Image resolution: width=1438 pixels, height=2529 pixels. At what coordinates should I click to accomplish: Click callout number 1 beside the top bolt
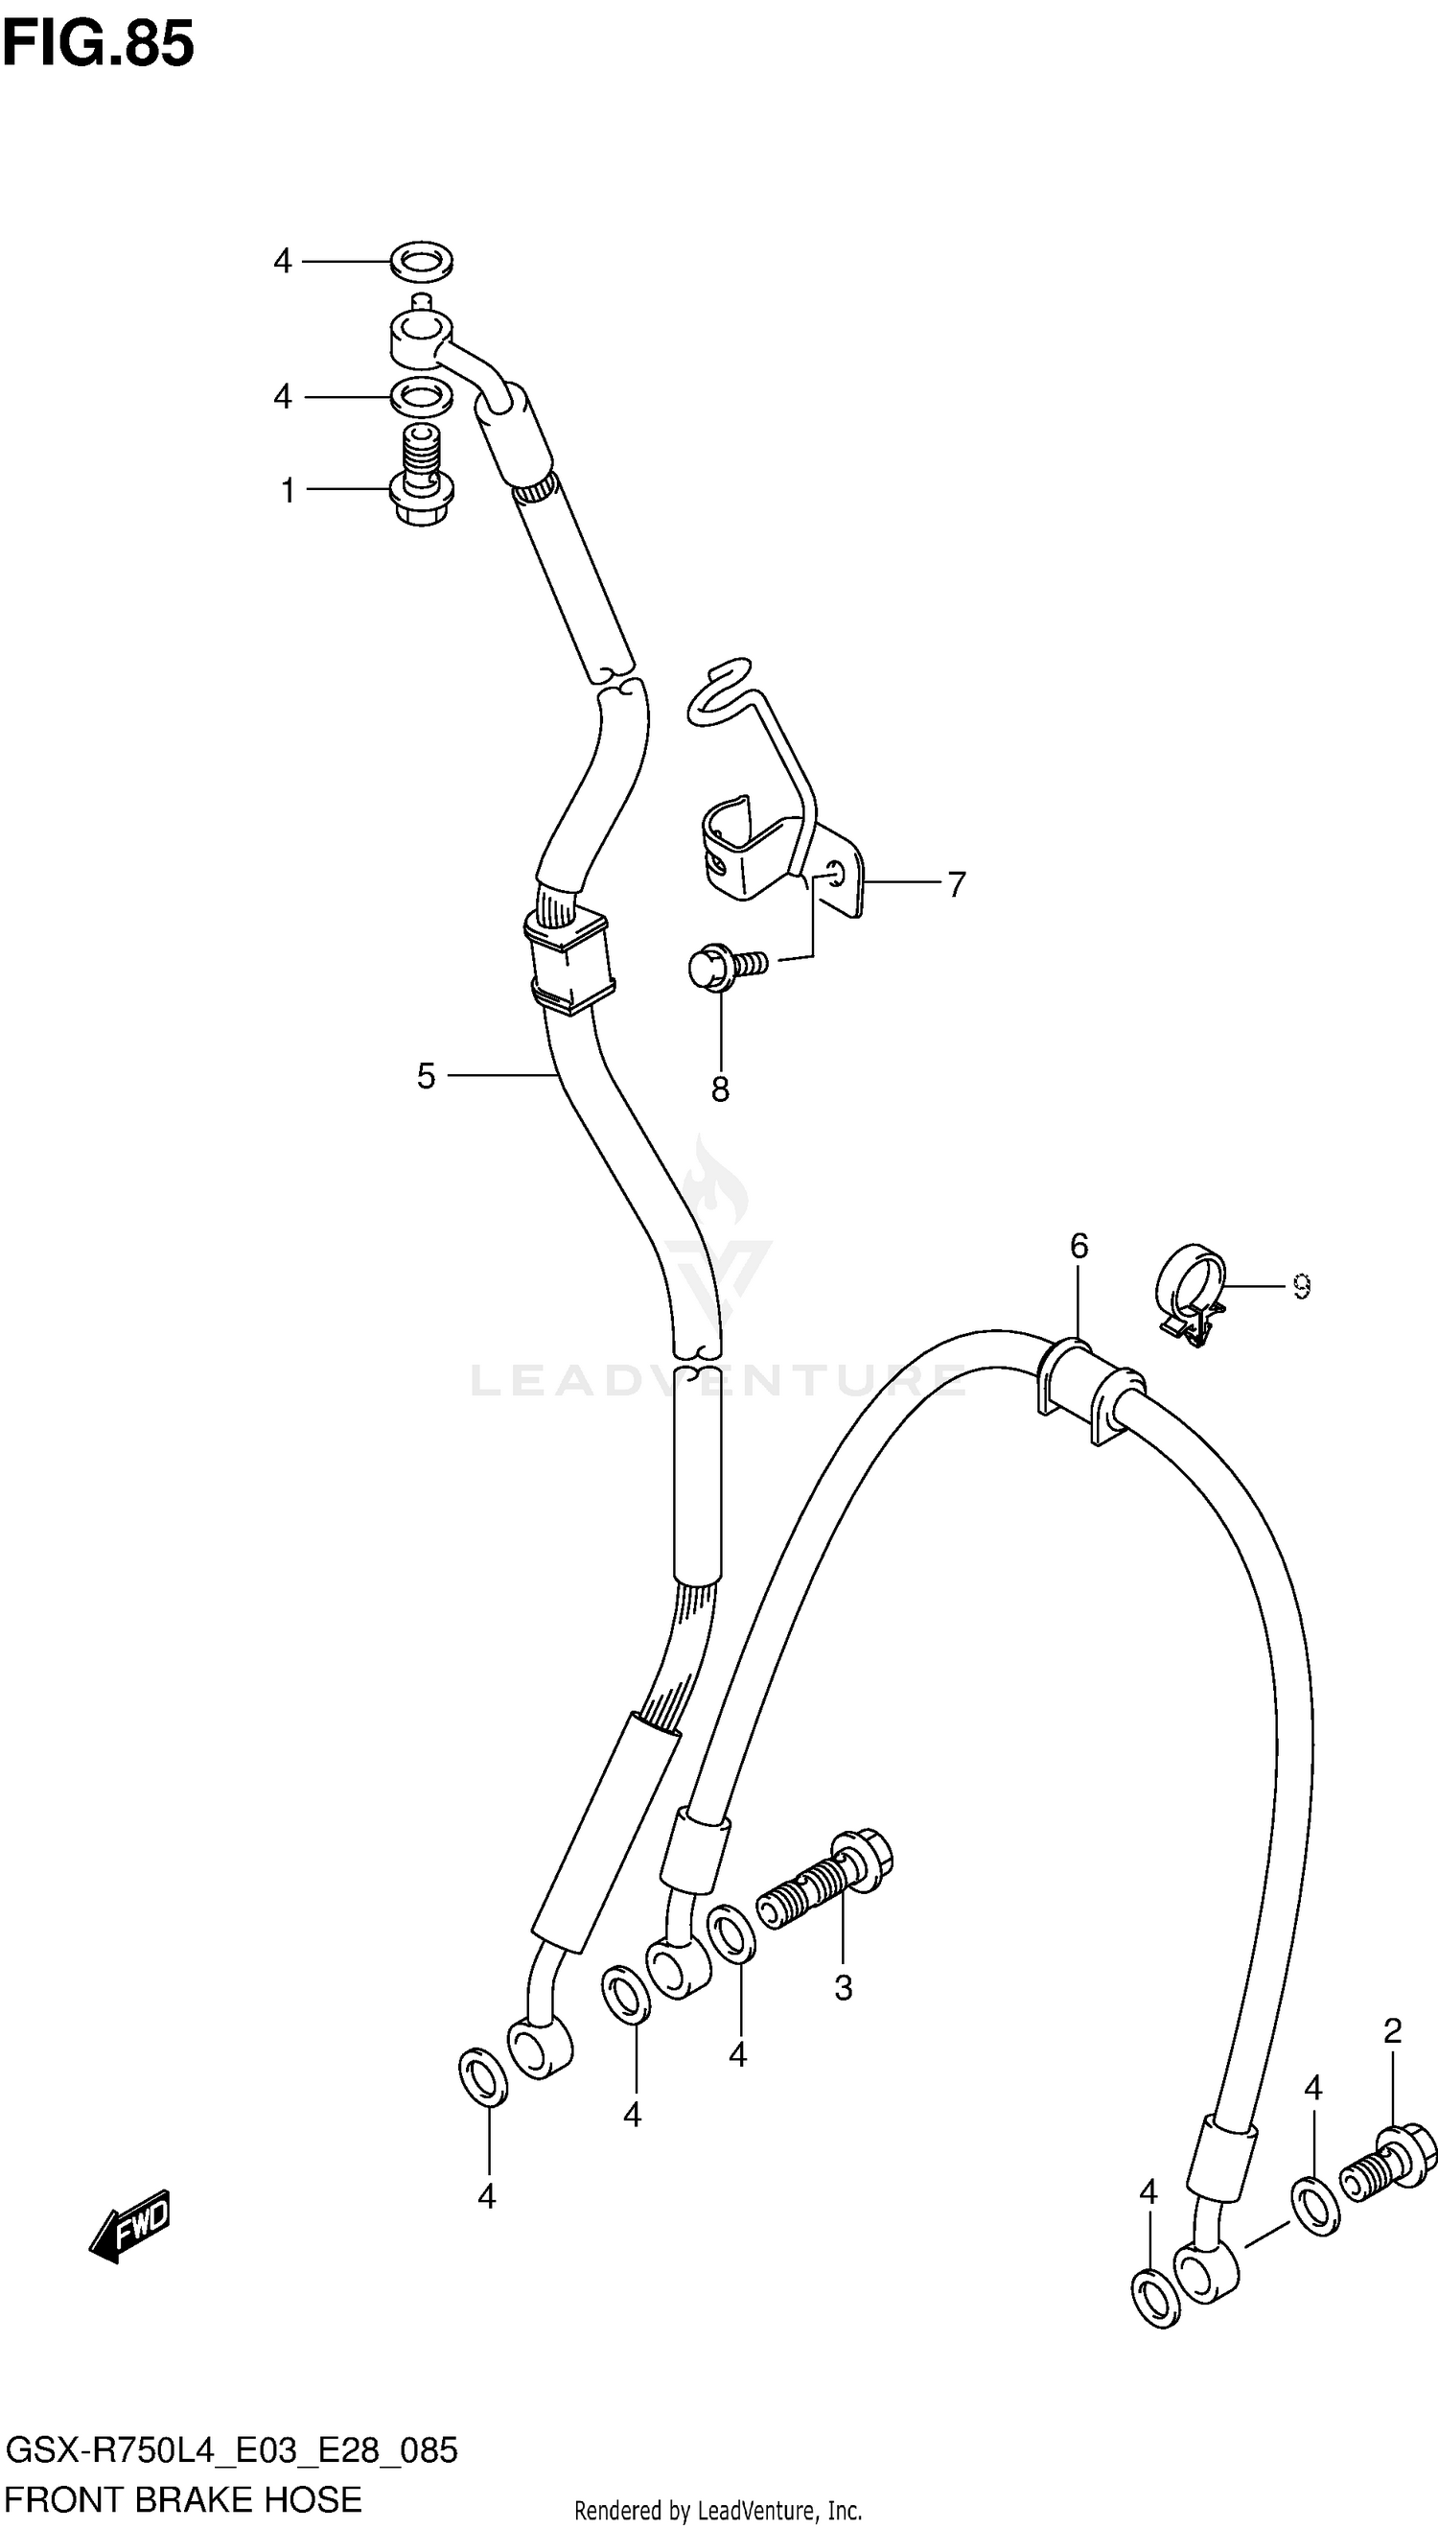point(288,490)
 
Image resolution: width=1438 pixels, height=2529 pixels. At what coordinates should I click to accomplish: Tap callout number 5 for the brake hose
point(426,1076)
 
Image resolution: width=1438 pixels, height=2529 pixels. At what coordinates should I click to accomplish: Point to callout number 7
point(956,884)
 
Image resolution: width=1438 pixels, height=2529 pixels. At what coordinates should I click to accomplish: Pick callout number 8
point(720,1089)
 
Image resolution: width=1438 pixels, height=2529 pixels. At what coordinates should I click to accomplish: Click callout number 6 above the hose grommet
point(1078,1247)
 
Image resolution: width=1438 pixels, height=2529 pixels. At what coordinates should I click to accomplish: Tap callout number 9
point(1301,1286)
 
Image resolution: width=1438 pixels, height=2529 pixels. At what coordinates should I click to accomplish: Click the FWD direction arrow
point(130,2229)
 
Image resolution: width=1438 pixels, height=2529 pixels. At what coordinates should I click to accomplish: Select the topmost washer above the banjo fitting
point(422,260)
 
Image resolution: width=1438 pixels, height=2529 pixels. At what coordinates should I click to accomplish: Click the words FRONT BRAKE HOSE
point(185,2499)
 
